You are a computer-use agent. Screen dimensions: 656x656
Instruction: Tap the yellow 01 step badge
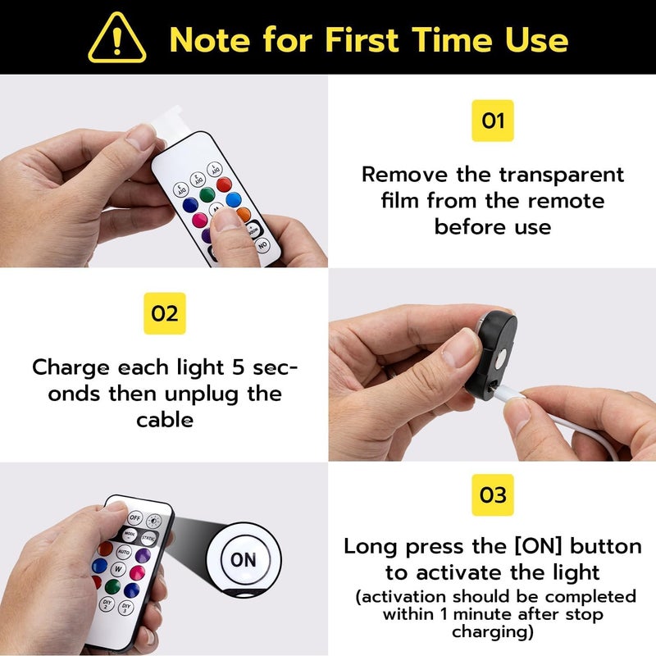492,121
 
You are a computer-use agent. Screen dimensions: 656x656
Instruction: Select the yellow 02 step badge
165,314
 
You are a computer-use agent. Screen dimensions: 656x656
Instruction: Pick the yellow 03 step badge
492,495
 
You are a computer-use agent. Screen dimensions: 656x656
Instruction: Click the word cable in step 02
164,420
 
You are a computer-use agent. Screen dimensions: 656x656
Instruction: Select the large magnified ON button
243,560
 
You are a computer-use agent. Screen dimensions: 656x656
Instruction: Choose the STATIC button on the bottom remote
148,538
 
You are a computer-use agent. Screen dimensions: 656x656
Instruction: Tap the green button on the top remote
207,195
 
